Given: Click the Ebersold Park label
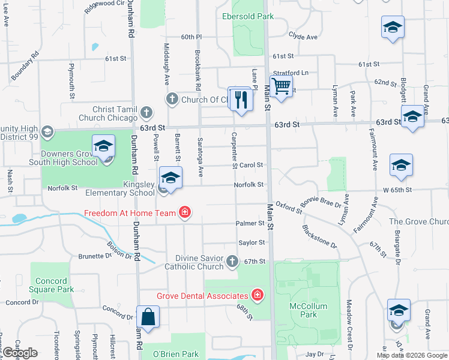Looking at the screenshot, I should click(x=248, y=16).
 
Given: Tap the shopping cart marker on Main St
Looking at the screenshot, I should click(x=280, y=86).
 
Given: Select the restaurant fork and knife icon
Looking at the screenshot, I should click(x=241, y=99).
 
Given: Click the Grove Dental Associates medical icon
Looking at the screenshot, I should click(x=257, y=295).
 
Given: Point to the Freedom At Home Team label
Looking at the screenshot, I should click(x=130, y=212).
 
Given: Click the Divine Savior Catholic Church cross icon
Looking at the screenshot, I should click(x=233, y=262).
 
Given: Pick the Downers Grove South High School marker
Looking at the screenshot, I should click(x=104, y=147).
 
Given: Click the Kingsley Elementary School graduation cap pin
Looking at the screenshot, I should click(x=171, y=178).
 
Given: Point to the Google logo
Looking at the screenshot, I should click(x=20, y=353).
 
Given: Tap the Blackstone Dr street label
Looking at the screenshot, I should click(x=320, y=236).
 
